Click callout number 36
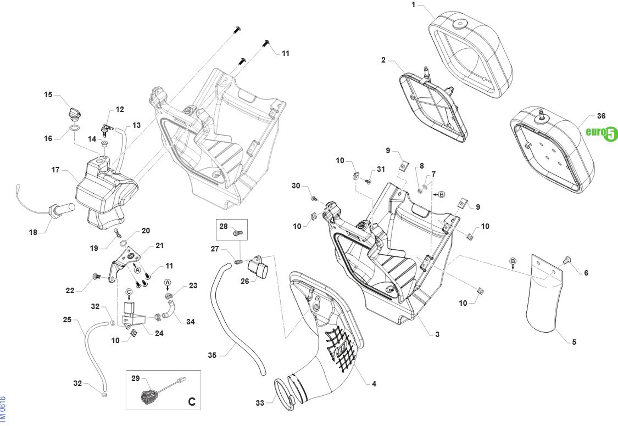tap(601, 116)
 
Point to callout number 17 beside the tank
tap(55, 170)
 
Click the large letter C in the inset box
tap(192, 401)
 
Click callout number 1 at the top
tap(413, 5)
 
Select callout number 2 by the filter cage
tap(383, 60)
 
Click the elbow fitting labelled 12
tap(106, 127)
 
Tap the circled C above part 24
tap(129, 292)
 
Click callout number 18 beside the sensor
tap(33, 232)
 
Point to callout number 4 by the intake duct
tap(374, 384)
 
